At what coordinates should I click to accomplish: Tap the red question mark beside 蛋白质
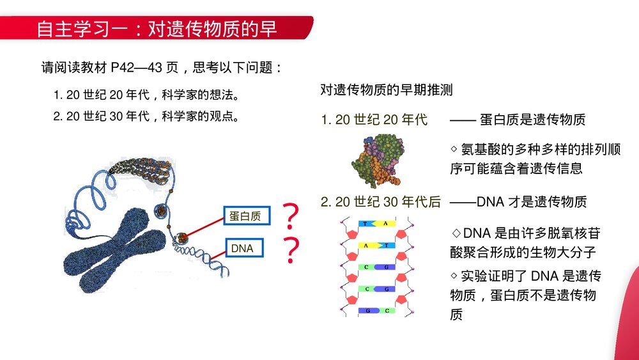click(291, 217)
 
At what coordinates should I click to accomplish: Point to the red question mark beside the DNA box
click(291, 251)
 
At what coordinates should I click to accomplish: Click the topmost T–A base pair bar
click(375, 224)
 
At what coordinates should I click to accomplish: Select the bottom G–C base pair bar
click(375, 311)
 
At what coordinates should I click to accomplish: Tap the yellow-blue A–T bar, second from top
click(375, 245)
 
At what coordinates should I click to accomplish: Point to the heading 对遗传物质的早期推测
click(386, 90)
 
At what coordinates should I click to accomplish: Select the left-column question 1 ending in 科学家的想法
click(146, 96)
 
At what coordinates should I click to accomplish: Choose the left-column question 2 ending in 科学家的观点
click(146, 116)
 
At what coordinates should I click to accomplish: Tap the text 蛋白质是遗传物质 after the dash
click(532, 120)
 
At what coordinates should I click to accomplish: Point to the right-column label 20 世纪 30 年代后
click(381, 202)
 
